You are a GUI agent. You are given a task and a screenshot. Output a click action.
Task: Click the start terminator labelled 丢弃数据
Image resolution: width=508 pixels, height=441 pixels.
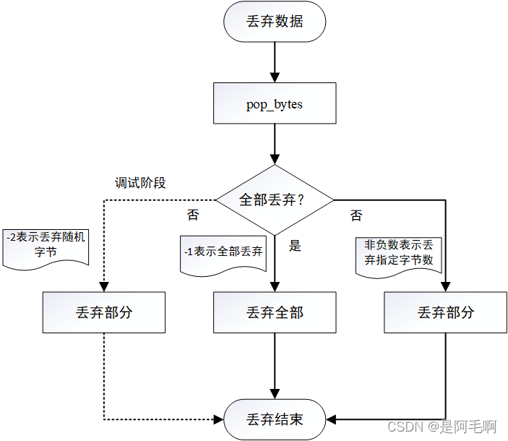pyautogui.click(x=275, y=22)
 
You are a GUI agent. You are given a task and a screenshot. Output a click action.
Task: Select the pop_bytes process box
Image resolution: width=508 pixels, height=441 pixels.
pyautogui.click(x=275, y=103)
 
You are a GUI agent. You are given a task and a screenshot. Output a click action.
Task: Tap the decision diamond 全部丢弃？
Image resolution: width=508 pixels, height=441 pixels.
pyautogui.click(x=275, y=200)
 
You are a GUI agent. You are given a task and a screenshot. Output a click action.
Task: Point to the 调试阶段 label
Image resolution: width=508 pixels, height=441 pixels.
pyautogui.click(x=140, y=183)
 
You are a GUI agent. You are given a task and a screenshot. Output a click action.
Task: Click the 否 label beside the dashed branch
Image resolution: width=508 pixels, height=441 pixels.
pyautogui.click(x=193, y=215)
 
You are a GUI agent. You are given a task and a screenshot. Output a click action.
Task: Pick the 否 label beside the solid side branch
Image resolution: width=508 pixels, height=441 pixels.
pyautogui.click(x=356, y=215)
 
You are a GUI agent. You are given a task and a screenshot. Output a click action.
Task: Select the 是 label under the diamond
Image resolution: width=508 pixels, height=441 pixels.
pyautogui.click(x=295, y=246)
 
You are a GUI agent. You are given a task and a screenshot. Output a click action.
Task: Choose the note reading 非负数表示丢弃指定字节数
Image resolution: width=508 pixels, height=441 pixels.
pyautogui.click(x=398, y=254)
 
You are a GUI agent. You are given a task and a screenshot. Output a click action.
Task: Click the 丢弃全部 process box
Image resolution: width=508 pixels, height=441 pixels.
pyautogui.click(x=275, y=312)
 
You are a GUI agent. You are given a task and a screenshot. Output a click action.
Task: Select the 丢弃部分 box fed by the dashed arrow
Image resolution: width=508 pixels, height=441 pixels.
pyautogui.click(x=104, y=312)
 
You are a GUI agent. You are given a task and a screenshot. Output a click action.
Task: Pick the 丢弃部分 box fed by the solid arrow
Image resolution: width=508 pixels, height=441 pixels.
pyautogui.click(x=446, y=312)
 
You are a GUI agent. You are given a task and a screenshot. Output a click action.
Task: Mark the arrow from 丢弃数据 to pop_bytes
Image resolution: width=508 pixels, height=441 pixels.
pyautogui.click(x=275, y=61)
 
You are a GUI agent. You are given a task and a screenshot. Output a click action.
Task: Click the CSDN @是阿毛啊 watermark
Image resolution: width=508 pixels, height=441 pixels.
pyautogui.click(x=442, y=428)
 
